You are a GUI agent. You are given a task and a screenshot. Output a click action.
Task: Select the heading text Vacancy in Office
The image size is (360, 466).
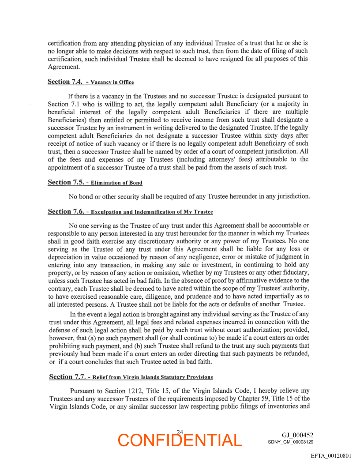(112, 83)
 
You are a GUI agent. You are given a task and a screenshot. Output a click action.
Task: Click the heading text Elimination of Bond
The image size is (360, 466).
(116, 183)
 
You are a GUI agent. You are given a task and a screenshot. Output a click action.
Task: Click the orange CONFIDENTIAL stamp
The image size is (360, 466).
(180, 440)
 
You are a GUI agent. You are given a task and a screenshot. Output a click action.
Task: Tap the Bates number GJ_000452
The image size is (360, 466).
(297, 435)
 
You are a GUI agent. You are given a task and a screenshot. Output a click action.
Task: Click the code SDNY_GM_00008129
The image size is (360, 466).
(290, 442)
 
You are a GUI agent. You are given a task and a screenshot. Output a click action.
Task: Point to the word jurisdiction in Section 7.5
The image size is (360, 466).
(293, 196)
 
